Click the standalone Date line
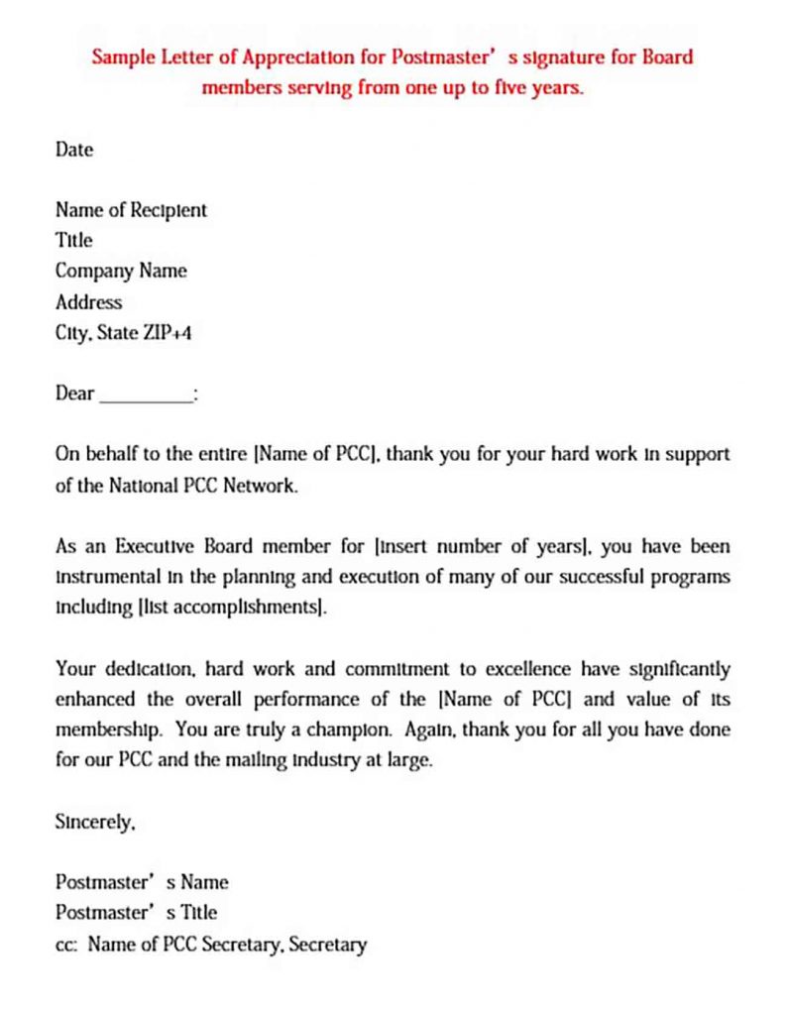(x=74, y=150)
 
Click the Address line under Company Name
(x=88, y=301)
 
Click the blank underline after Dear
(x=146, y=394)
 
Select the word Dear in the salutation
(x=74, y=394)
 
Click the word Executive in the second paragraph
(x=159, y=546)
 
